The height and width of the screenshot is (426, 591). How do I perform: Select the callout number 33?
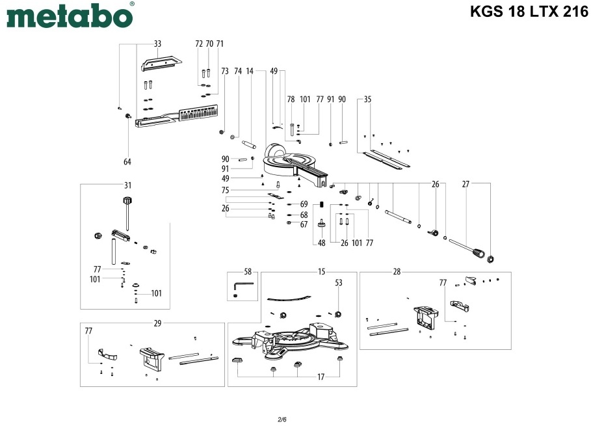tap(157, 44)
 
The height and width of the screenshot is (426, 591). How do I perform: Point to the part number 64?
tap(127, 161)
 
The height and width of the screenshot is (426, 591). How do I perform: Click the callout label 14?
tap(250, 71)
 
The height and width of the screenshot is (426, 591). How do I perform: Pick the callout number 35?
tap(368, 100)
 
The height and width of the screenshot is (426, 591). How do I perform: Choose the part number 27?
tap(466, 185)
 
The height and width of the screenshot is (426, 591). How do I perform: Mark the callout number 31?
tap(128, 185)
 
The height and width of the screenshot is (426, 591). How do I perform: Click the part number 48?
tap(321, 243)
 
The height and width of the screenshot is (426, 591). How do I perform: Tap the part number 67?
tap(304, 224)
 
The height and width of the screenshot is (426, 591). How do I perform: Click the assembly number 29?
tap(157, 323)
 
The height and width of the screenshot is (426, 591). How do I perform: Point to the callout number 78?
tap(291, 100)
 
